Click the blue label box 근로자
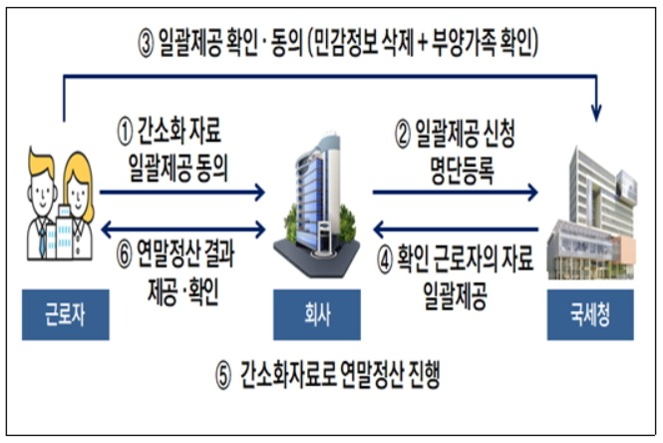pyautogui.click(x=66, y=314)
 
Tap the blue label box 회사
pyautogui.click(x=317, y=314)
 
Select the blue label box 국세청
pyautogui.click(x=590, y=314)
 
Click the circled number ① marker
pyautogui.click(x=125, y=132)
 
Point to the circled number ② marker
pyautogui.click(x=403, y=135)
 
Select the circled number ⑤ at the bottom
pyautogui.click(x=223, y=376)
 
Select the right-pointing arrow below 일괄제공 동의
pyautogui.click(x=182, y=193)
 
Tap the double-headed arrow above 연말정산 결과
pyautogui.click(x=183, y=229)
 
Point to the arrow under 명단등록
pyautogui.click(x=455, y=193)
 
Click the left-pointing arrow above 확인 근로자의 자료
pyautogui.click(x=456, y=229)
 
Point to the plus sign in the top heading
pyautogui.click(x=423, y=43)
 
